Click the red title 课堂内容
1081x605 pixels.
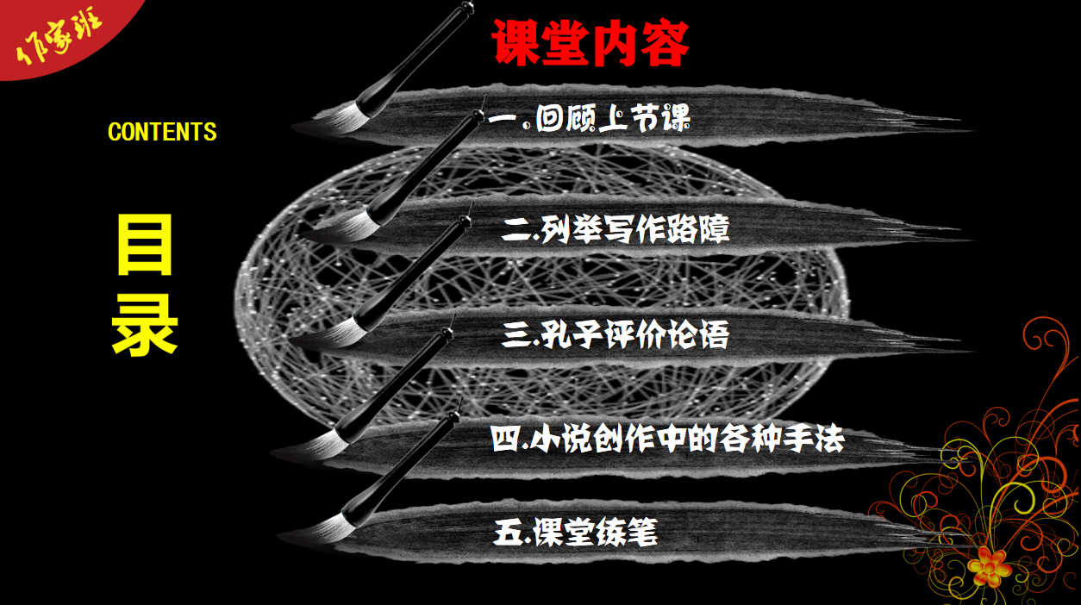(590, 43)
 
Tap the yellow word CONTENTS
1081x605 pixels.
(162, 132)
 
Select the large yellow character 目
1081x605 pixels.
(145, 245)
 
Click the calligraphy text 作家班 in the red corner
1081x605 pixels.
(59, 37)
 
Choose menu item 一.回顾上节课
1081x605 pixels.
(589, 118)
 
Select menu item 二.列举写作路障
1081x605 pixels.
(615, 229)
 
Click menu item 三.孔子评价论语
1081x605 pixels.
(615, 334)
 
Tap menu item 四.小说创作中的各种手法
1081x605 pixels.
(667, 439)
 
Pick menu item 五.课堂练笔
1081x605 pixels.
(576, 532)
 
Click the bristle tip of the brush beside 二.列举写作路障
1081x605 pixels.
(302, 235)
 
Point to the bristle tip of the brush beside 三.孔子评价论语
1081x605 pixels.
(291, 341)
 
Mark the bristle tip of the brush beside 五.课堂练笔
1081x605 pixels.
(280, 535)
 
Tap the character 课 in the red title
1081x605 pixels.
(515, 43)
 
